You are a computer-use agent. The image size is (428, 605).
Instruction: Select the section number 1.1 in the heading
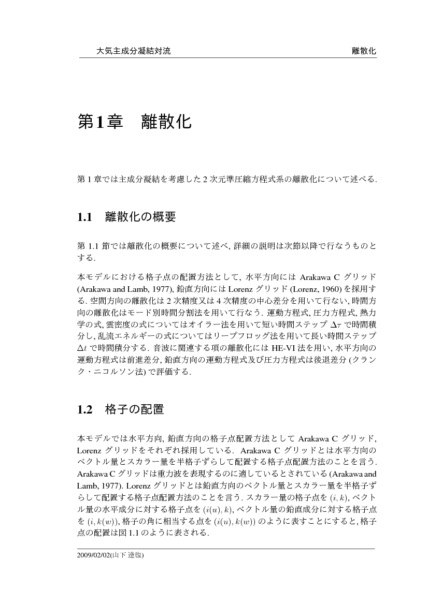(84, 217)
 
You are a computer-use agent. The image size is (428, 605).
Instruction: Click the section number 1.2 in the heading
(84, 410)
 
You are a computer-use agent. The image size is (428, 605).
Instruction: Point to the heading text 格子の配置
(134, 410)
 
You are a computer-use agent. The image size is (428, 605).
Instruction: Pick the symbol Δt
(82, 347)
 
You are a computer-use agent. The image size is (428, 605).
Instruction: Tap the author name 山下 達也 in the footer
(129, 555)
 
